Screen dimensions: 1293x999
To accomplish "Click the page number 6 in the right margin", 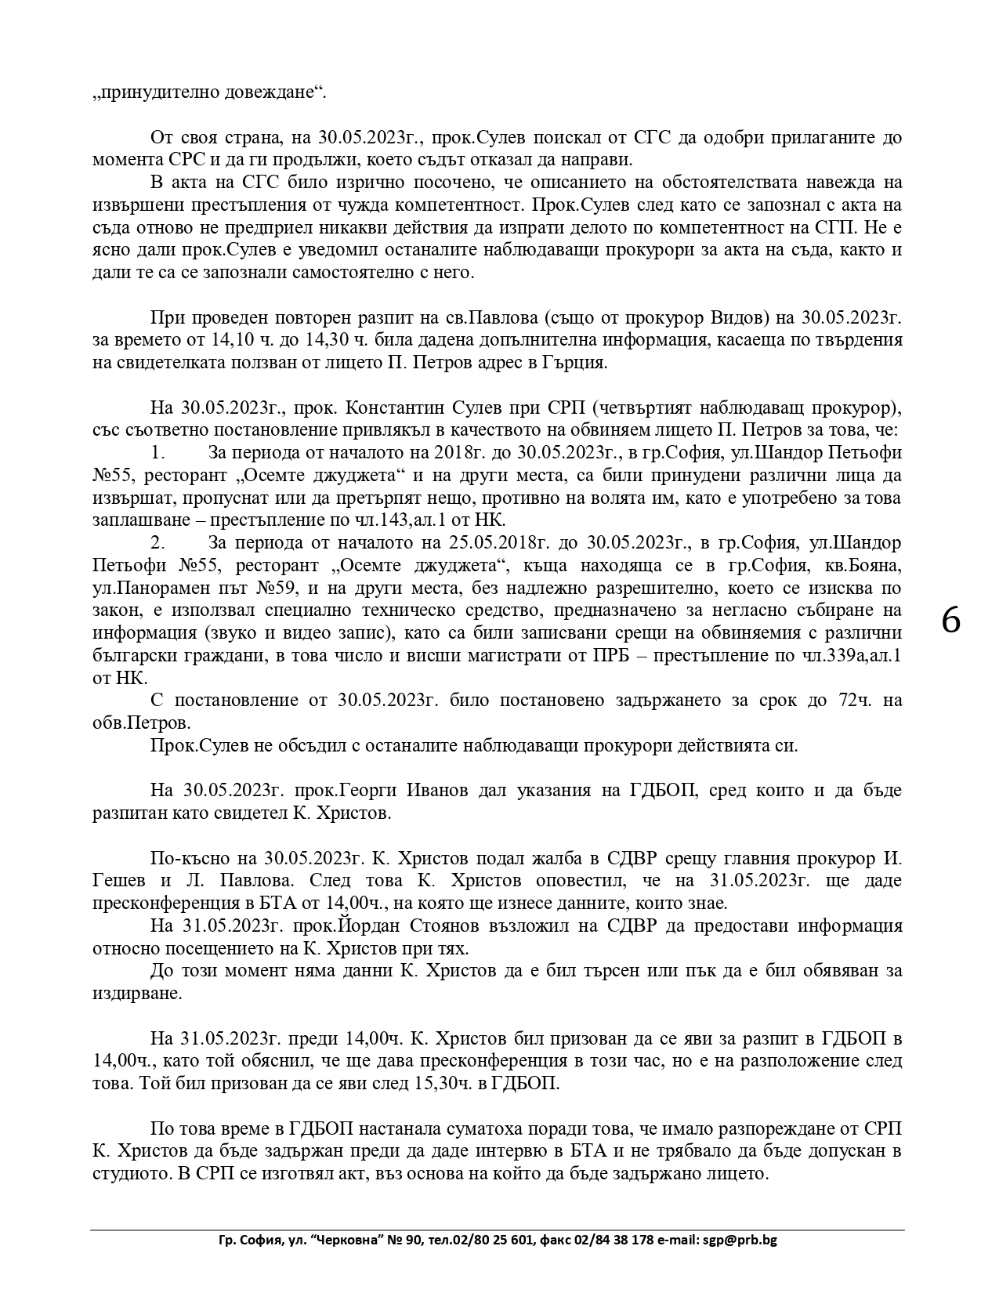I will pos(950,621).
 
